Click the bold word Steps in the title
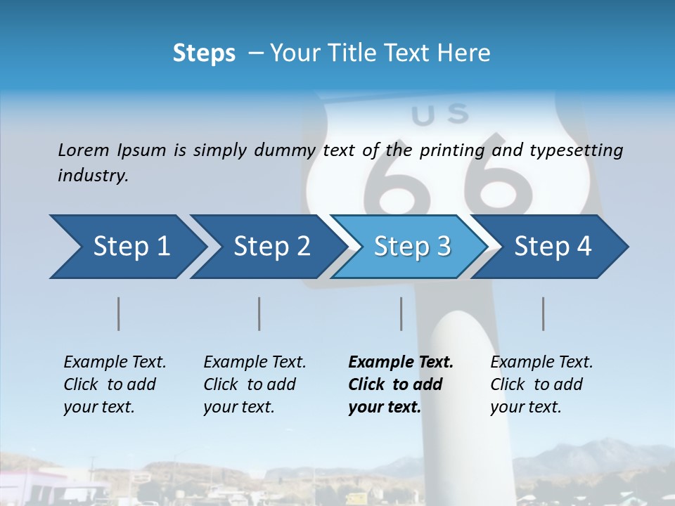[204, 53]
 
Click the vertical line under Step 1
[119, 313]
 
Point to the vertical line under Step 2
[259, 313]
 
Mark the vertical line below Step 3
[401, 313]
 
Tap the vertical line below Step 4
[544, 313]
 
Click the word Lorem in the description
[84, 150]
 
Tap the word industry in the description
[93, 176]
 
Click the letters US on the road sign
[440, 114]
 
